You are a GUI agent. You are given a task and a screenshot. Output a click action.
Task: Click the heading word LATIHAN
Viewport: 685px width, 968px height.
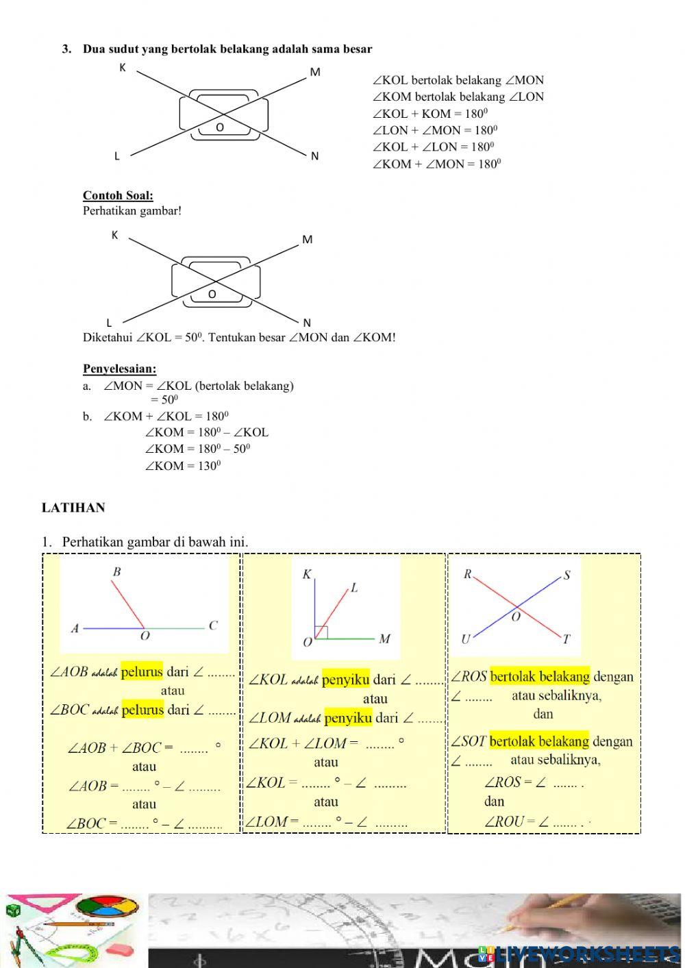coord(73,508)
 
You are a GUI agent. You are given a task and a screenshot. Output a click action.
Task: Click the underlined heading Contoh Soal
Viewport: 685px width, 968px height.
coord(118,195)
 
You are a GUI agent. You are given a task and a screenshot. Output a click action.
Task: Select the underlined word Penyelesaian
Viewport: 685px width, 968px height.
coord(119,369)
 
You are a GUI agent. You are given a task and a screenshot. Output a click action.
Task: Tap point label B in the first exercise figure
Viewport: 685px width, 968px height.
coord(116,572)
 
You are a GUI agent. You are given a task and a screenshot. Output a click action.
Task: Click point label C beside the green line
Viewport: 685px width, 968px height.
coord(213,625)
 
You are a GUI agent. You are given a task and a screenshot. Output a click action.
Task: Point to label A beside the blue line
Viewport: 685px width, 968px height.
coord(75,628)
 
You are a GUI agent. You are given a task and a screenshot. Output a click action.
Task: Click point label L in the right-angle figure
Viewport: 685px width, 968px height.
coord(354,588)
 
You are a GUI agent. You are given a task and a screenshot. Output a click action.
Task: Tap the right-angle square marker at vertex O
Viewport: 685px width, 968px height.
coord(322,632)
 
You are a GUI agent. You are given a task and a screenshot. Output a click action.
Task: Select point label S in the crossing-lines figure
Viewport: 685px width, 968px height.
coord(566,575)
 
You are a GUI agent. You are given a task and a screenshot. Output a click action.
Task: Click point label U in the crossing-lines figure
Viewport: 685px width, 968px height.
coord(466,639)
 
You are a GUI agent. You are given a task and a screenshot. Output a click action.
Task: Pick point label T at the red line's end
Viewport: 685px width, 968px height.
coord(566,640)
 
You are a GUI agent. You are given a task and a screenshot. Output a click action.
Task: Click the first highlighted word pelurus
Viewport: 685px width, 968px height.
coord(142,671)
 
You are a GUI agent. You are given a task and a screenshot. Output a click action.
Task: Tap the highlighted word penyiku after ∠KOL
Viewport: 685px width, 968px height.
coord(345,680)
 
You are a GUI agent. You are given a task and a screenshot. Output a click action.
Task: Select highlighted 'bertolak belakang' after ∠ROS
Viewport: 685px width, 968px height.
coord(540,677)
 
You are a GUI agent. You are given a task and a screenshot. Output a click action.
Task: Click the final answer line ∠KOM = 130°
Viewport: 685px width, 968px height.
coord(183,466)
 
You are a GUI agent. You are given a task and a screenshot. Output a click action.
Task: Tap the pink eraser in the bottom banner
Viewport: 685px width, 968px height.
coord(122,947)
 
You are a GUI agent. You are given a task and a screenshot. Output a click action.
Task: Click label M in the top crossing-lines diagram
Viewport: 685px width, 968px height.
coord(315,72)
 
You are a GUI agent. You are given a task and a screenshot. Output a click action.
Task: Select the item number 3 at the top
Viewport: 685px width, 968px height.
coord(66,49)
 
